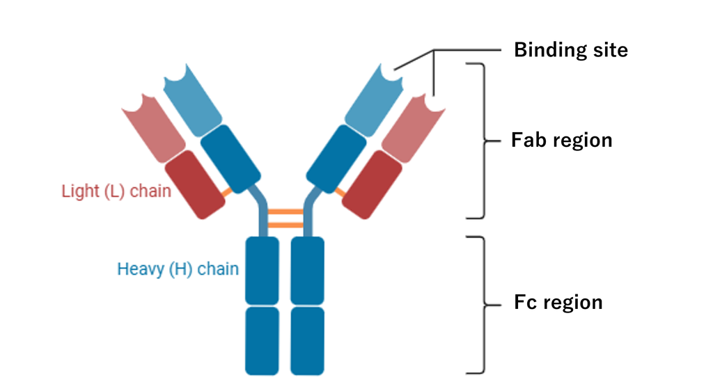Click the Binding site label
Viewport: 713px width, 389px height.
(x=571, y=50)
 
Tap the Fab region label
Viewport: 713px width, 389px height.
(x=562, y=140)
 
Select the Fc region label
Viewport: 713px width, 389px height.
(x=558, y=302)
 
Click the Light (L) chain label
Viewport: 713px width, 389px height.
(x=116, y=191)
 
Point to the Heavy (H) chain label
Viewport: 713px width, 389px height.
(x=178, y=269)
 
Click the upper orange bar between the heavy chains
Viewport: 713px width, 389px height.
(x=285, y=212)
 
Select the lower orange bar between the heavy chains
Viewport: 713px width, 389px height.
(x=285, y=225)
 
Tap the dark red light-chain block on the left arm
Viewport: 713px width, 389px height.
(x=195, y=184)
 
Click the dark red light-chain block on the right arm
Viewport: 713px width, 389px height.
(x=372, y=184)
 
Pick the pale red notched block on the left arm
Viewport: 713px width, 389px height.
(x=154, y=129)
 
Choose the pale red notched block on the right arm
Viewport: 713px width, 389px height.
(x=414, y=129)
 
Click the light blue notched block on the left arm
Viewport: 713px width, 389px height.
(x=193, y=101)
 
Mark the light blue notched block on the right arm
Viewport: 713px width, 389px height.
(x=374, y=101)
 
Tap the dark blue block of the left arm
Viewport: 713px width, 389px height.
(x=230, y=159)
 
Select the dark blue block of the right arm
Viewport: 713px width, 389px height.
(x=336, y=159)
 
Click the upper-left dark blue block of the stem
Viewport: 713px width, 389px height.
(x=263, y=271)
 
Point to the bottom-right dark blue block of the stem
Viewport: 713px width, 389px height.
(x=307, y=341)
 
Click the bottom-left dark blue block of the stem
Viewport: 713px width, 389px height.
(x=263, y=341)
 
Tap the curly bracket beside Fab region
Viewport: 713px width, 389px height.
(x=484, y=141)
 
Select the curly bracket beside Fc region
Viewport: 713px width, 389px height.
(x=484, y=305)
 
